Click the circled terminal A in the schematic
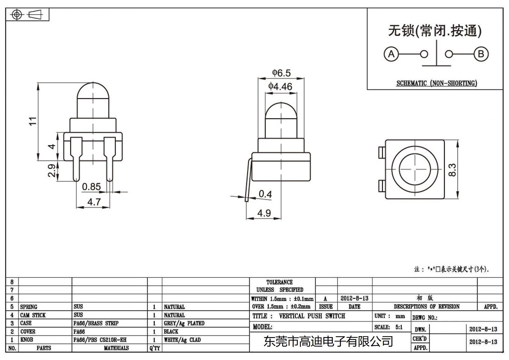click(x=391, y=54)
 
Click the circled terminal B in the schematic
click(x=481, y=54)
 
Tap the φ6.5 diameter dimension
click(x=281, y=73)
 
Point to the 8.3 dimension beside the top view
click(x=452, y=170)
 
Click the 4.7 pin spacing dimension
click(x=94, y=202)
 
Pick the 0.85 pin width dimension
click(x=91, y=187)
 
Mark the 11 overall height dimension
click(x=33, y=121)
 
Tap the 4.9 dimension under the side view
click(x=264, y=213)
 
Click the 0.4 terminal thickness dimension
click(x=265, y=194)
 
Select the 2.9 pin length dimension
click(x=52, y=171)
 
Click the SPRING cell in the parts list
click(x=29, y=307)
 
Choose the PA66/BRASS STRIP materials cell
click(x=96, y=323)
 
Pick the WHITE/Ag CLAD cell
click(x=182, y=340)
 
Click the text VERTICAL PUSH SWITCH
click(x=312, y=316)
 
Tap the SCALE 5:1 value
click(x=399, y=327)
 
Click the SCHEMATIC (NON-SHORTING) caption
click(x=436, y=83)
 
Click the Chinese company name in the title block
click(x=328, y=342)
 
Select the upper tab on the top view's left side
click(x=381, y=152)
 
